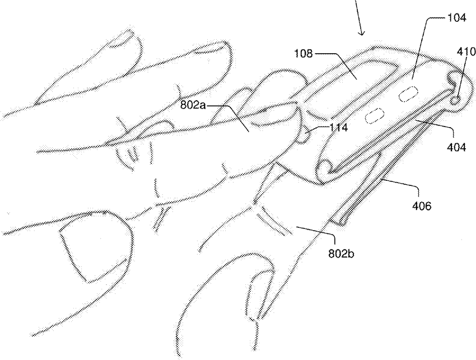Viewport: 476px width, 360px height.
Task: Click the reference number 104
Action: click(x=456, y=18)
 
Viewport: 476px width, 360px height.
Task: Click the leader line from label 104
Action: click(x=428, y=34)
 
